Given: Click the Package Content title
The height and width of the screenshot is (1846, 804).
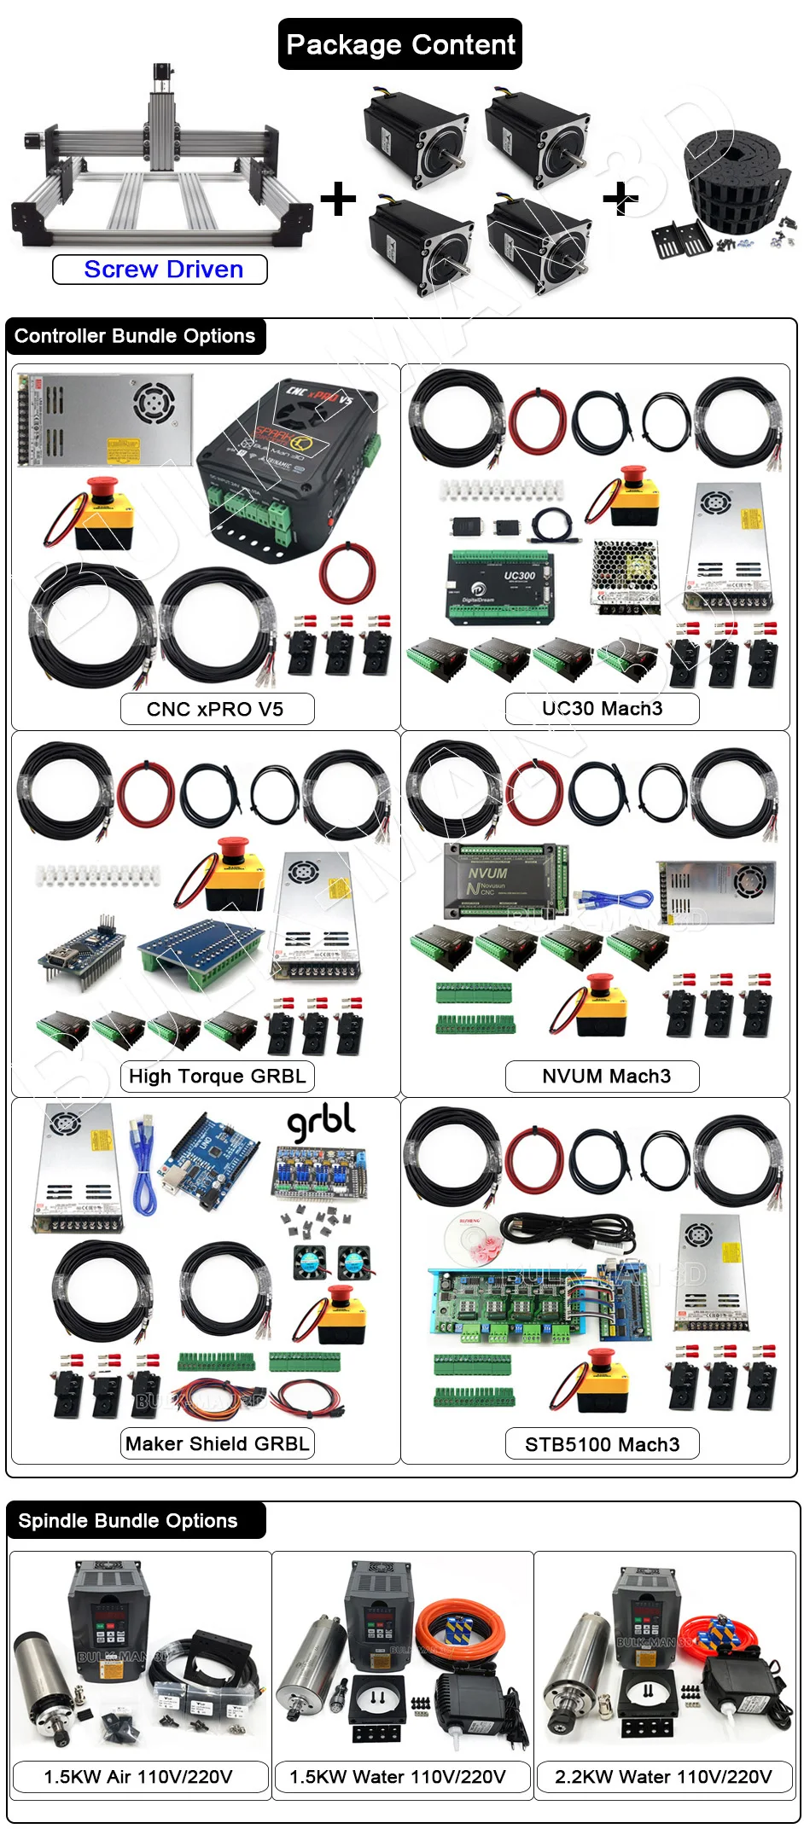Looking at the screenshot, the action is click(400, 44).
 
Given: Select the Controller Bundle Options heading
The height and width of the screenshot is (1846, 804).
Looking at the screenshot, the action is click(135, 336).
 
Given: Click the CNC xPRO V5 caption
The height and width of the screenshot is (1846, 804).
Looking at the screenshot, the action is click(217, 709).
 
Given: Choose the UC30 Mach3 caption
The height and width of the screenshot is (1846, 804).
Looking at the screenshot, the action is click(602, 708).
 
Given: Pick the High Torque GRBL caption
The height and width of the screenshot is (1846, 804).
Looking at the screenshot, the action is click(217, 1076).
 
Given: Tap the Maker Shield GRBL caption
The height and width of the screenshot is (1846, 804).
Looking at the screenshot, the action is click(217, 1443).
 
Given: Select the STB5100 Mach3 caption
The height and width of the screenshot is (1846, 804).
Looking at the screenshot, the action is click(602, 1444).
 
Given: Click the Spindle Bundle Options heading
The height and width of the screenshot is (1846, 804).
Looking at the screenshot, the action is click(128, 1521).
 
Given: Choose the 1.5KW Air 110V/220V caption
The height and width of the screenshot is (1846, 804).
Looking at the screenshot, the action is click(138, 1777).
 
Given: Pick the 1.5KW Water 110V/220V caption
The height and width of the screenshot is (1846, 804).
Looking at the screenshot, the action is click(399, 1777).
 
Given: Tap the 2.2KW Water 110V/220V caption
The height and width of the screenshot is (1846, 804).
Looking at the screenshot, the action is click(663, 1777).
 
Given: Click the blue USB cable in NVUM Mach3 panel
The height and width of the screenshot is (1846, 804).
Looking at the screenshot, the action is click(615, 898).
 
